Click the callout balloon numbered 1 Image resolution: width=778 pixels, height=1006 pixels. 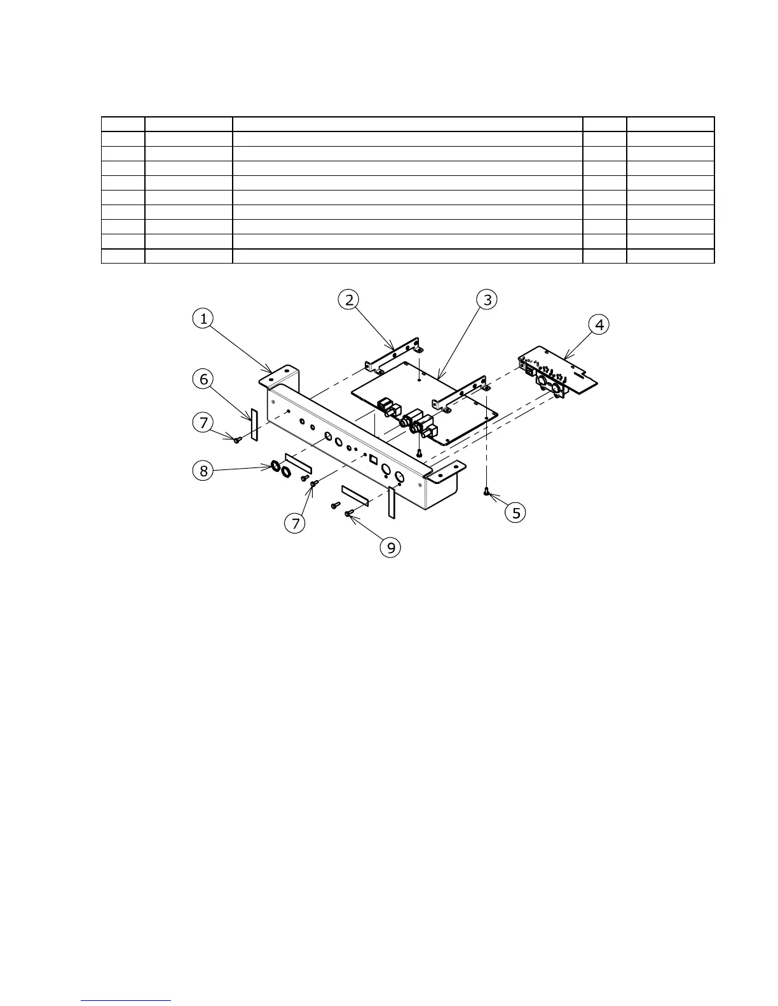point(203,319)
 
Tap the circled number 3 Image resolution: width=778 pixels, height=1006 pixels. point(488,300)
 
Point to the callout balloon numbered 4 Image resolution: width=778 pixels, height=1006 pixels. point(598,325)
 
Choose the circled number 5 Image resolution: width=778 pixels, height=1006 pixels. point(515,513)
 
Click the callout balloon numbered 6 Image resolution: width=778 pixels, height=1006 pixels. point(203,379)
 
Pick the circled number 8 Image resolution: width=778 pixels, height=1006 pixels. point(203,470)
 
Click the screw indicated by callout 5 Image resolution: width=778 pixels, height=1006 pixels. point(486,491)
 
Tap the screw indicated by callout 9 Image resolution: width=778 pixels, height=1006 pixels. point(348,513)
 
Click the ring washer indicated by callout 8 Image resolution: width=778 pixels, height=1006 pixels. point(275,468)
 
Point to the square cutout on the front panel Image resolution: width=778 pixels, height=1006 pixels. point(373,458)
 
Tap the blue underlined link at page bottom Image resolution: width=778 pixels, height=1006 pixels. point(126,1000)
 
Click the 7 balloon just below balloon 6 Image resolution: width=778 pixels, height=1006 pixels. point(203,423)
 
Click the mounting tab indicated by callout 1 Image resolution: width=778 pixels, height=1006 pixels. point(278,375)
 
